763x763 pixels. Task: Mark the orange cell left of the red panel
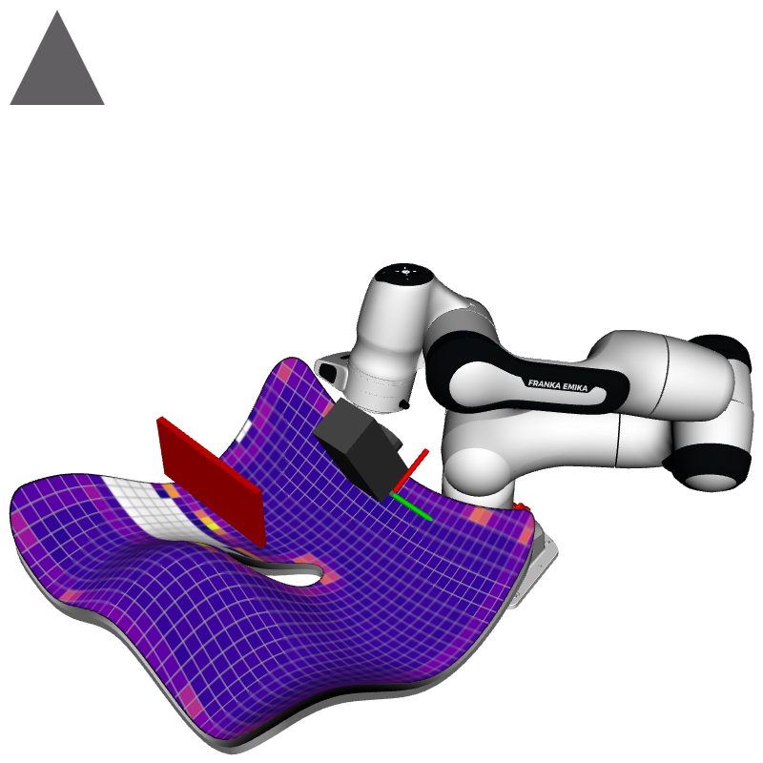coord(168,491)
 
